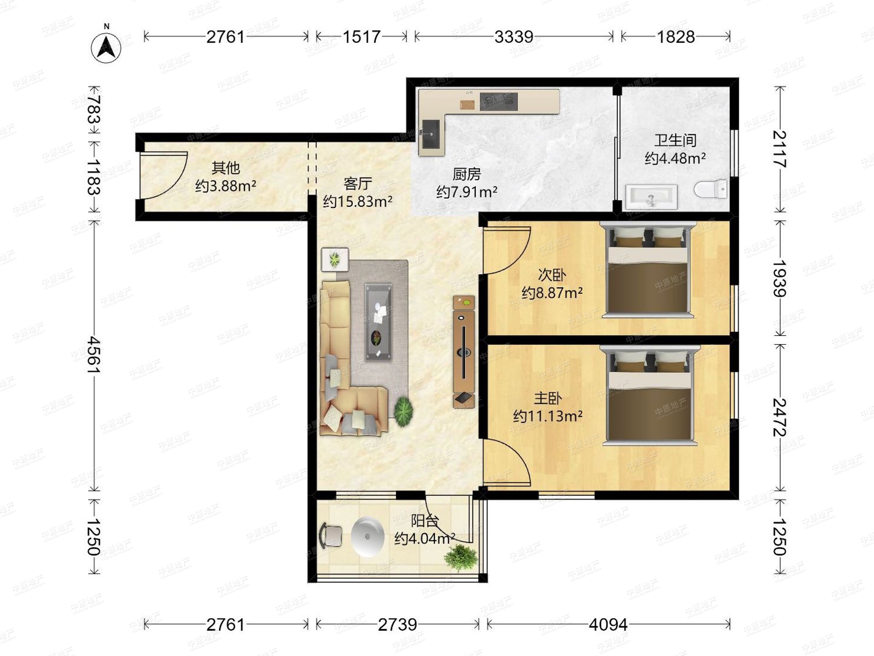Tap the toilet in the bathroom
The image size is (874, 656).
710,190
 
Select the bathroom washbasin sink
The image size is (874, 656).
651,197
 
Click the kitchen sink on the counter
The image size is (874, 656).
431,134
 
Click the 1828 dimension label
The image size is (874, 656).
676,37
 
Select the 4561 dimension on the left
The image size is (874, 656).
94,354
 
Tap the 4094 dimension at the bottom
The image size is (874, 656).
608,625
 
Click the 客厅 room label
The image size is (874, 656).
358,184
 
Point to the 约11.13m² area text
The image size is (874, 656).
548,416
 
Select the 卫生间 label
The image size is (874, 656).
675,140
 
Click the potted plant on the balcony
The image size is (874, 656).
461,558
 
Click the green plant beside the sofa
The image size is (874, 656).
403,411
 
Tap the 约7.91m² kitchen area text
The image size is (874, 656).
466,192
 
